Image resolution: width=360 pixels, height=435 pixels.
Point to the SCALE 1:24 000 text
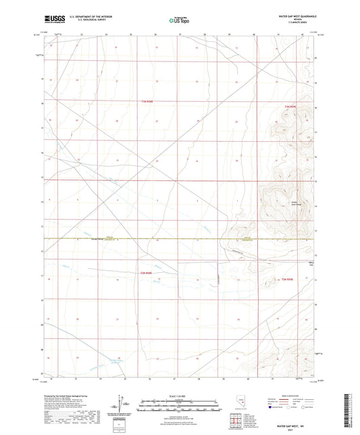point(179,395)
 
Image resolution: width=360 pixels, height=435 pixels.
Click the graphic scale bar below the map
point(179,402)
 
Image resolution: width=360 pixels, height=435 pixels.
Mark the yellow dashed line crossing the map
point(135,238)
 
